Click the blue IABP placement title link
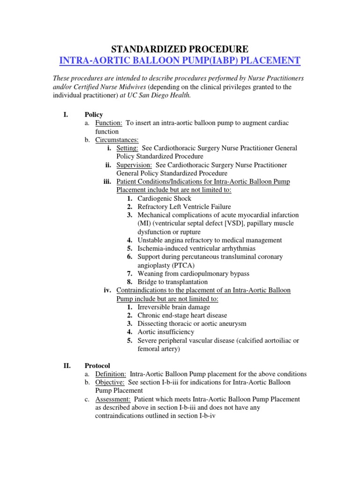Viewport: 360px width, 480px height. coord(180,60)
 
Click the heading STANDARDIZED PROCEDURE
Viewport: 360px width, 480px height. coord(180,49)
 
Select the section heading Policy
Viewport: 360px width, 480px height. coord(94,114)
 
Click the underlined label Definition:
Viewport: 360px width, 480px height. coord(111,374)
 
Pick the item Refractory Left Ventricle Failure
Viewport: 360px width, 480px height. coord(184,207)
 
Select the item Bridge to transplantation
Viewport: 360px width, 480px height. coord(172,282)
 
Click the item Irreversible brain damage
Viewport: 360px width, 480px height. coord(174,307)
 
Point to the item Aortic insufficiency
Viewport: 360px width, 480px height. coord(166,332)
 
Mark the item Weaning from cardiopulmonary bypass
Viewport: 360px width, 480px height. coord(194,273)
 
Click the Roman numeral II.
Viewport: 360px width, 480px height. coord(67,366)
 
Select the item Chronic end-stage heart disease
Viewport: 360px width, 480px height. coord(182,315)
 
